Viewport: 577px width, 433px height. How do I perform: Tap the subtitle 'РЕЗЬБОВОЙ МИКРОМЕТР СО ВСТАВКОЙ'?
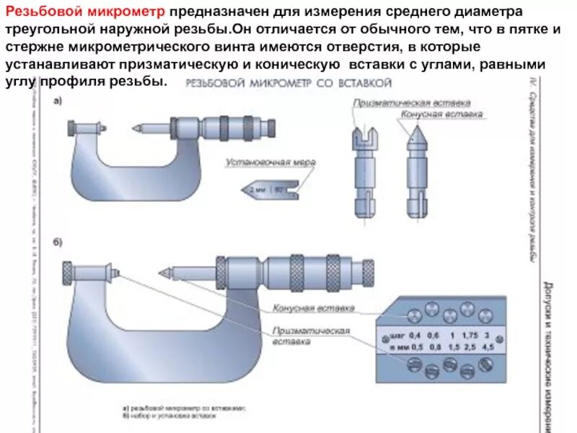(x=282, y=84)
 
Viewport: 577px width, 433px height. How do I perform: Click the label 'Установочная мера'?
(x=270, y=162)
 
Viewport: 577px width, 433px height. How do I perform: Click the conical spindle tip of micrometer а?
(x=135, y=128)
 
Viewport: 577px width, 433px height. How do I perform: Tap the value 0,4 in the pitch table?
(x=415, y=335)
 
